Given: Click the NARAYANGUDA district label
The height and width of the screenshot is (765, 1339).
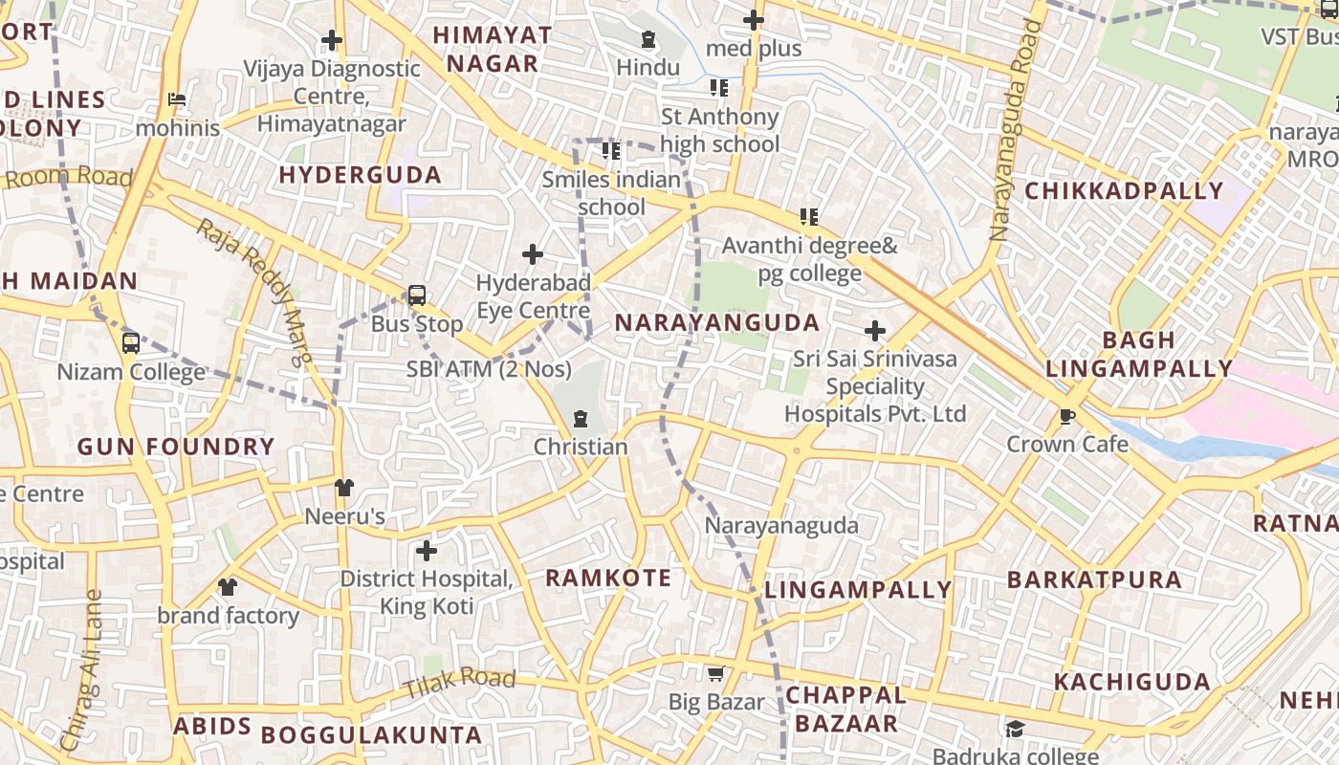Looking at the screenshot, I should [x=716, y=322].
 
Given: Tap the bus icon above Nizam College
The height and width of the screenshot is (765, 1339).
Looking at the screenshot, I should [x=131, y=342].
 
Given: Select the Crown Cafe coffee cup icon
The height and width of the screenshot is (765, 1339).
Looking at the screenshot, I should [x=1067, y=416].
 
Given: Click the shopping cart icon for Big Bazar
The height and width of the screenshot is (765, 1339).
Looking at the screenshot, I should [x=715, y=674].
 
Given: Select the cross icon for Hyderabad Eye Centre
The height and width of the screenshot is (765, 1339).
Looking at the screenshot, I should [x=533, y=254].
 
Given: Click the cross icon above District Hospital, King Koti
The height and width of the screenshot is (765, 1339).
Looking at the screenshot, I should [x=427, y=551].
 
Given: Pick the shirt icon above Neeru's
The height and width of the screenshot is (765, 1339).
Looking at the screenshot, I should [x=344, y=488].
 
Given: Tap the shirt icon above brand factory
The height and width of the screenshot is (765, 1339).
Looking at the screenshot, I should [x=228, y=586].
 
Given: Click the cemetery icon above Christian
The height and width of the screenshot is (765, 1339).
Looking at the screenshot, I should [x=580, y=419].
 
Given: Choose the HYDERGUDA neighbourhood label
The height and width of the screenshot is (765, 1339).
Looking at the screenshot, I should [x=360, y=175].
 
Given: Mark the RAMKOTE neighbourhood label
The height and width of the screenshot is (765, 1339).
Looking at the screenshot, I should [x=608, y=578].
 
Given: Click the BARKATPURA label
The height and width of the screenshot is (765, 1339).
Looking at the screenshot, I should [x=1094, y=579].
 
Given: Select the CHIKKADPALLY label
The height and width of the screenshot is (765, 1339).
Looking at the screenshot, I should [x=1124, y=190].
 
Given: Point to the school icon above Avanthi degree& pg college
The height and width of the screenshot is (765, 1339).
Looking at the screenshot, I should [x=809, y=217].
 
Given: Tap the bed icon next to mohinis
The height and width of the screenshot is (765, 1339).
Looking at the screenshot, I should [x=177, y=98].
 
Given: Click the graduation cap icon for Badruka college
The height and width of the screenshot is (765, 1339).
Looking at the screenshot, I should [x=1015, y=730].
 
